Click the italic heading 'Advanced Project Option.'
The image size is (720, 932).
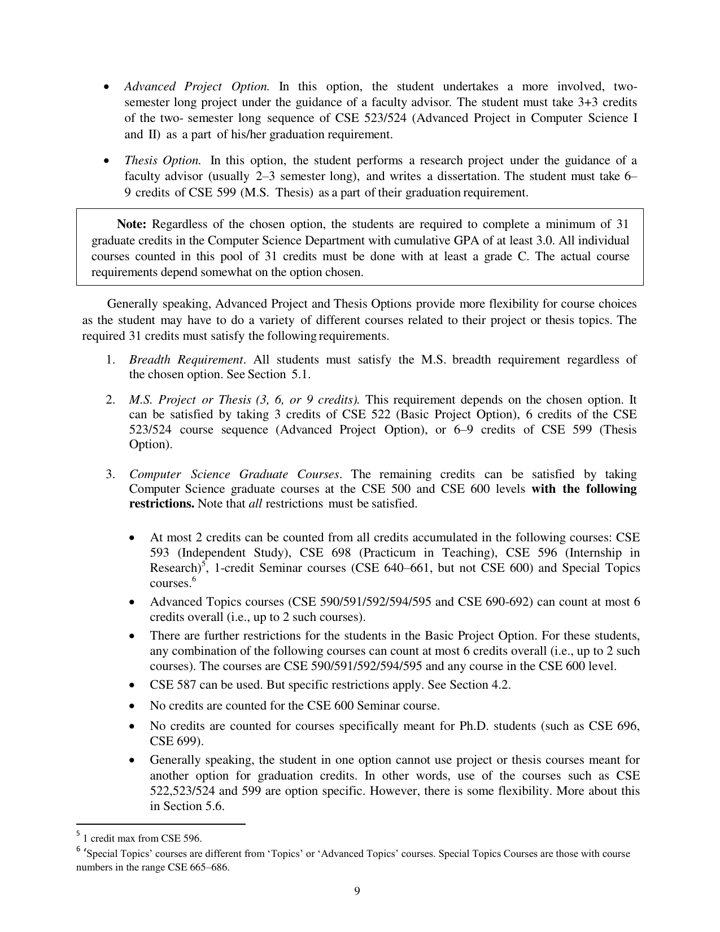pyautogui.click(x=197, y=87)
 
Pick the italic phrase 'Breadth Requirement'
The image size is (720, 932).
pyautogui.click(x=186, y=360)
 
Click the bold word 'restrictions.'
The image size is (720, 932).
pyautogui.click(x=162, y=504)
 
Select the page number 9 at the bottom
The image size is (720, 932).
pyautogui.click(x=357, y=891)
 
